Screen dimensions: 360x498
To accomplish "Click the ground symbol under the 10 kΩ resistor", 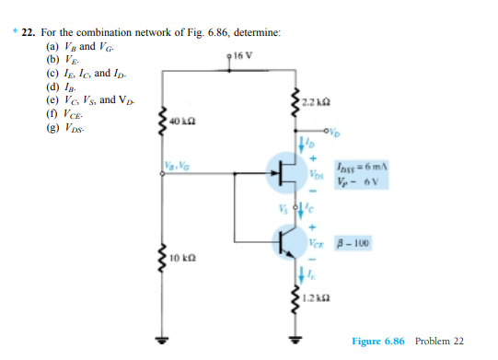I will [x=165, y=334].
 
